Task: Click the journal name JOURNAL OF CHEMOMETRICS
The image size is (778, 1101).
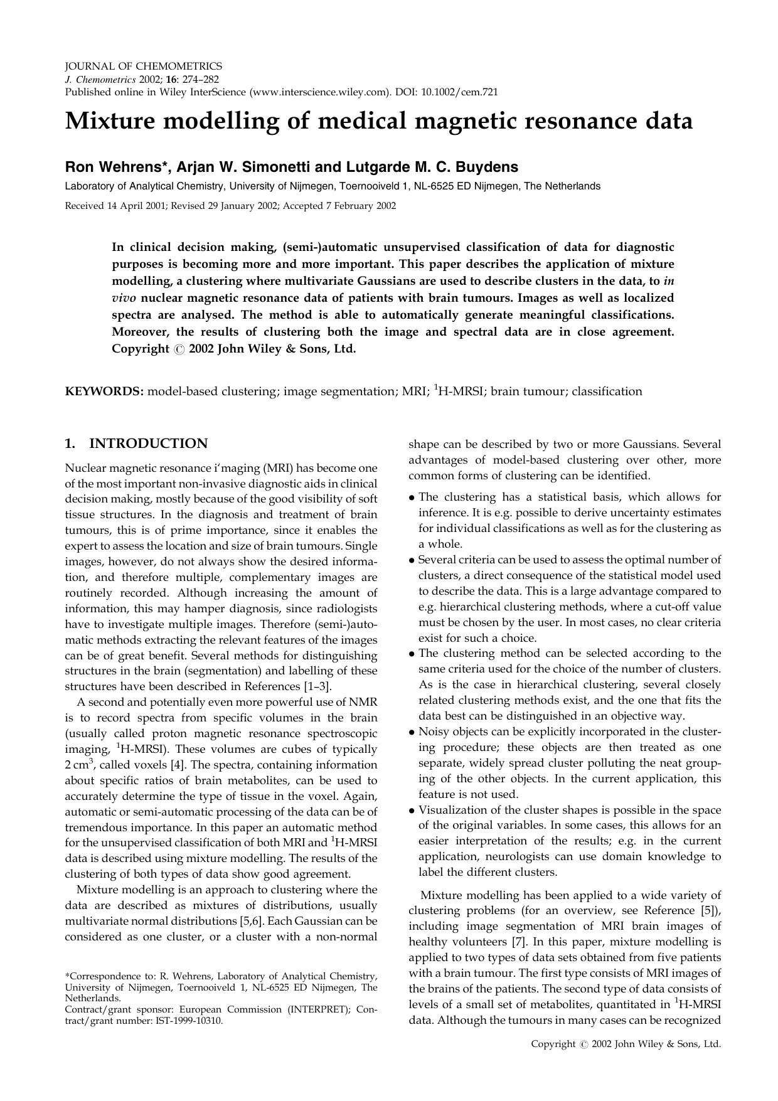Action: pos(143,66)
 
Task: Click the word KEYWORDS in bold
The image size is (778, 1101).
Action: pos(104,391)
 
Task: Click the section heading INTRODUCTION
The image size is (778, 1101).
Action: pos(148,444)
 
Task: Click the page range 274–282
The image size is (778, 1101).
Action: pos(200,79)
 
